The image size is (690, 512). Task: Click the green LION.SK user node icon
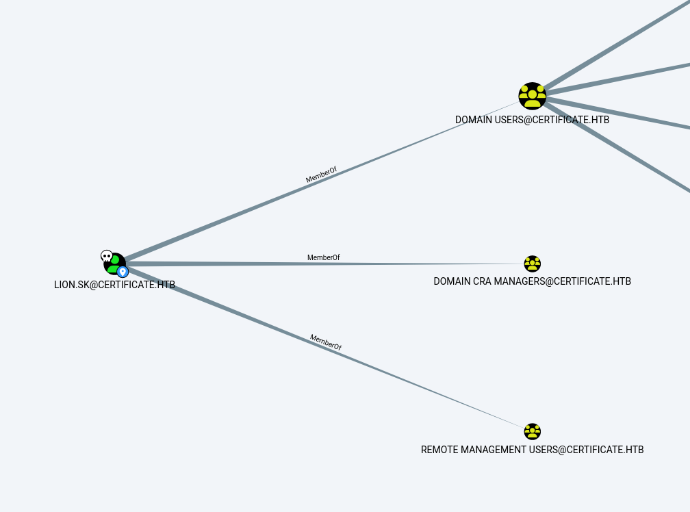point(114,264)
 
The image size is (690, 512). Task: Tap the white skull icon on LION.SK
point(106,256)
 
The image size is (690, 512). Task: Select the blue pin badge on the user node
point(123,272)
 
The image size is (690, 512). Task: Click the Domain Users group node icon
point(532,96)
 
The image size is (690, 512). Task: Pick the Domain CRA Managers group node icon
point(533,264)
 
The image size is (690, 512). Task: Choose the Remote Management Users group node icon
point(533,431)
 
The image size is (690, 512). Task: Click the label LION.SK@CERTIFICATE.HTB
point(114,285)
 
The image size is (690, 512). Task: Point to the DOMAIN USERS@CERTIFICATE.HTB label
point(532,120)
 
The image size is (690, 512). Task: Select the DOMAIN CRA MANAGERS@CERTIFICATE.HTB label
point(532,281)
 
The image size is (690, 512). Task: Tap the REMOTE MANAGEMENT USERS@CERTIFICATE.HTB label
point(532,450)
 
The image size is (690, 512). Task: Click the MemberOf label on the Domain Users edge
point(321,175)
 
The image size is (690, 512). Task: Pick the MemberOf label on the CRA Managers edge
point(323,257)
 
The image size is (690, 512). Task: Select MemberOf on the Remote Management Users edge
point(326,342)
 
